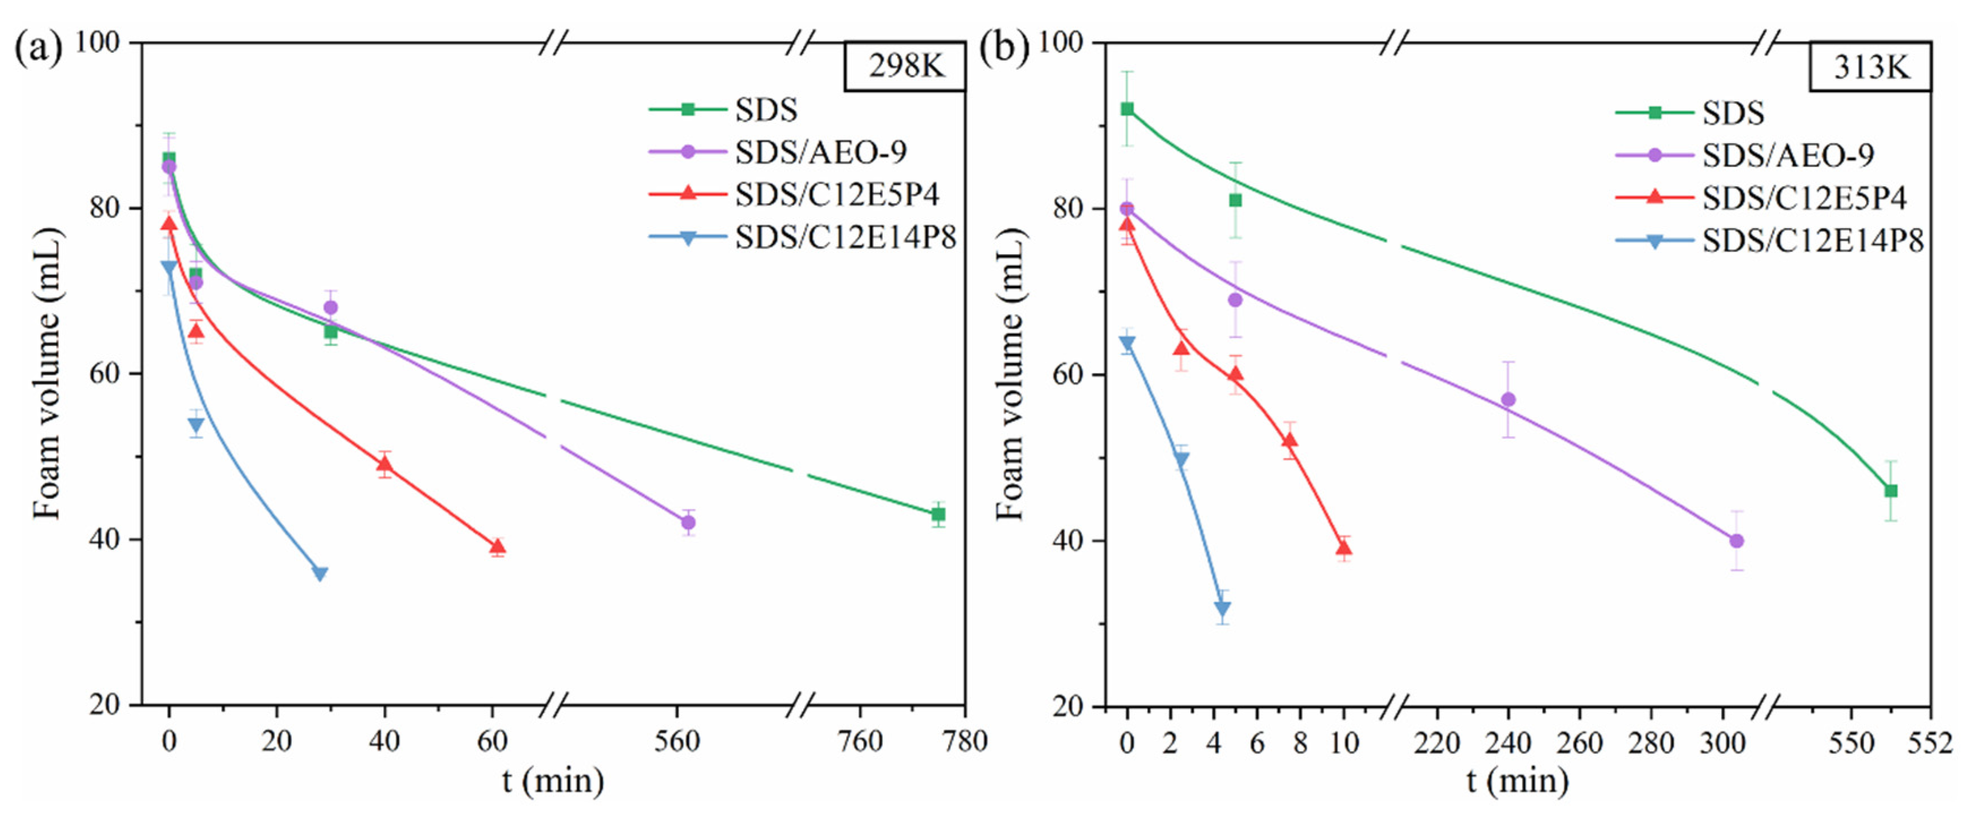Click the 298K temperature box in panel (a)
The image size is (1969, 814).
[905, 66]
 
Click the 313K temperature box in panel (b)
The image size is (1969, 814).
[1869, 68]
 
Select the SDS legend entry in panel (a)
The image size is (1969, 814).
[765, 110]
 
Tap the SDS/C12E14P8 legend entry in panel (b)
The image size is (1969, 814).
[1812, 242]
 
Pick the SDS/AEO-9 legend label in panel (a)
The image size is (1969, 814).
[820, 153]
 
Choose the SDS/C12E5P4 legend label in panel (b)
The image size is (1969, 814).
[1804, 199]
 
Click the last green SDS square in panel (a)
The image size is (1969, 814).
[938, 515]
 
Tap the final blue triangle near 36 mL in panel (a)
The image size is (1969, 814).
[320, 573]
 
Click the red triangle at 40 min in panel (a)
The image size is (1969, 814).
[384, 464]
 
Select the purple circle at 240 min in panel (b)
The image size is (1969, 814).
[1508, 400]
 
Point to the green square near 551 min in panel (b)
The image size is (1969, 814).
[1890, 491]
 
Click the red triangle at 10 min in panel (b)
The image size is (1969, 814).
[1344, 548]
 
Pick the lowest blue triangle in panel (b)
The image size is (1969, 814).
[1222, 609]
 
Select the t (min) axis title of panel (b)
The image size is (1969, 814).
[1517, 781]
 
